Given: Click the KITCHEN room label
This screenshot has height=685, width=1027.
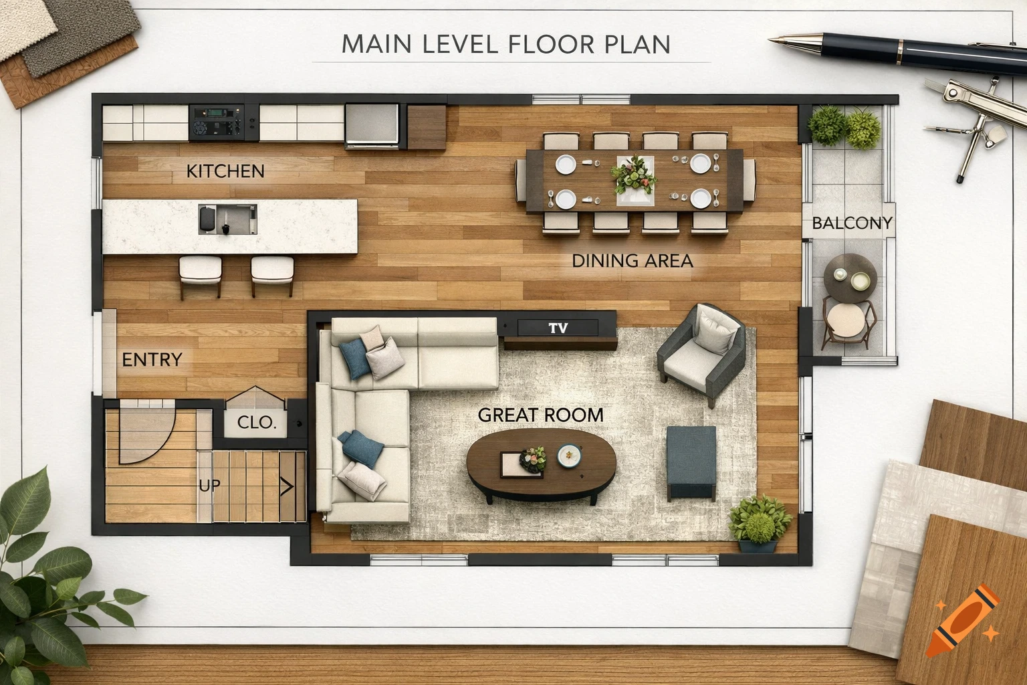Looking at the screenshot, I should pyautogui.click(x=225, y=171).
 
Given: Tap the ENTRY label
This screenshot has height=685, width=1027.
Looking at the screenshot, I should pyautogui.click(x=152, y=360).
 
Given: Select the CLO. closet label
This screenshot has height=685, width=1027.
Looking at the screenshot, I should pyautogui.click(x=257, y=423).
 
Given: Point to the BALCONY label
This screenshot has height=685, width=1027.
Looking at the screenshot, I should pyautogui.click(x=852, y=223).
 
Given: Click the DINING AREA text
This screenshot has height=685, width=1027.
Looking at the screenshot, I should pyautogui.click(x=632, y=261).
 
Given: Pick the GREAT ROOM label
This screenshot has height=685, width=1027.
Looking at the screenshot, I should pyautogui.click(x=540, y=415).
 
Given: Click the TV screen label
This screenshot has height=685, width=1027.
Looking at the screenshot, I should pyautogui.click(x=558, y=328).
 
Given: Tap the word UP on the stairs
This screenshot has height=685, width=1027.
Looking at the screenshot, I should pyautogui.click(x=209, y=485).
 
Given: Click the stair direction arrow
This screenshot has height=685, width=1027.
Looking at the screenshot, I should pyautogui.click(x=287, y=486).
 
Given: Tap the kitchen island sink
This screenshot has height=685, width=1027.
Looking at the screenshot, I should pyautogui.click(x=227, y=219).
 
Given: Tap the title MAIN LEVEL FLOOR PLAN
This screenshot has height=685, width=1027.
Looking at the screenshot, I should pyautogui.click(x=505, y=44).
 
